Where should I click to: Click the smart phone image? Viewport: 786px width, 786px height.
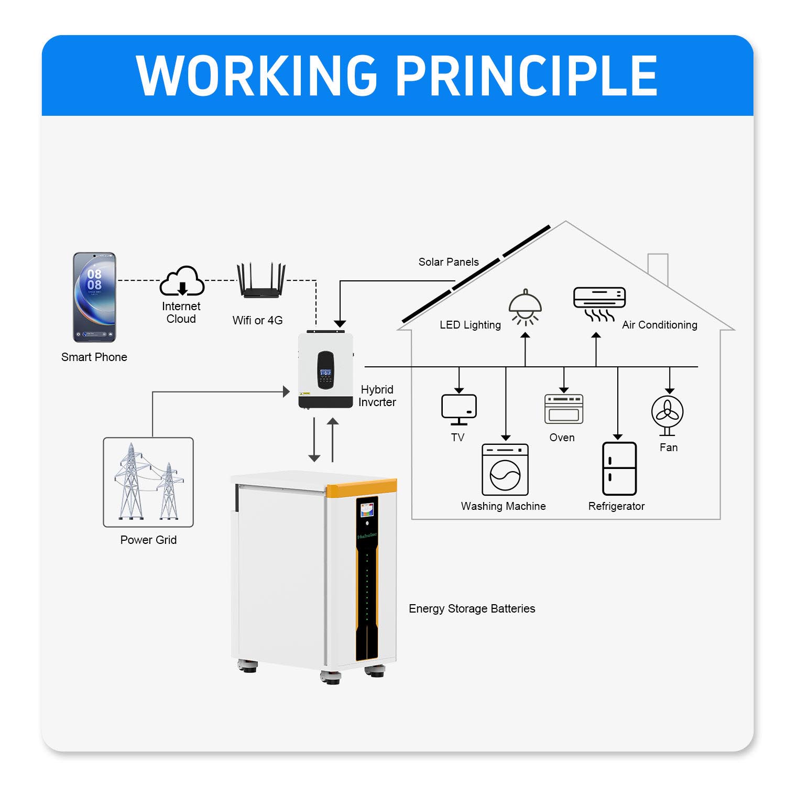94,297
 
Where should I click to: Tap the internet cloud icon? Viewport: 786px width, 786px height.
182,281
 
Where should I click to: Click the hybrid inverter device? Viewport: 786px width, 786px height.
325,369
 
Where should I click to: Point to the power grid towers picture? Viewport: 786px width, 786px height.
148,482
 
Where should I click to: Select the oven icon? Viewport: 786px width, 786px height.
564,409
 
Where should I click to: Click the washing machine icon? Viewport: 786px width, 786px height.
505,470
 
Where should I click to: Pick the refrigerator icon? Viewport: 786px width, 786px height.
619,468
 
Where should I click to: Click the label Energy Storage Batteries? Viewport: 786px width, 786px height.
472,608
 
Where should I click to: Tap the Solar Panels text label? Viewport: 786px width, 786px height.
449,262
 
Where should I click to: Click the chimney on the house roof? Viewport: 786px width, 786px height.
658,268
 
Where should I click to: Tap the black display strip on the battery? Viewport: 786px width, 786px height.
367,578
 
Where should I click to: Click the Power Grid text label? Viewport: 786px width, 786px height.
148,540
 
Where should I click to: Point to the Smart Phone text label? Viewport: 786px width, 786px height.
94,357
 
